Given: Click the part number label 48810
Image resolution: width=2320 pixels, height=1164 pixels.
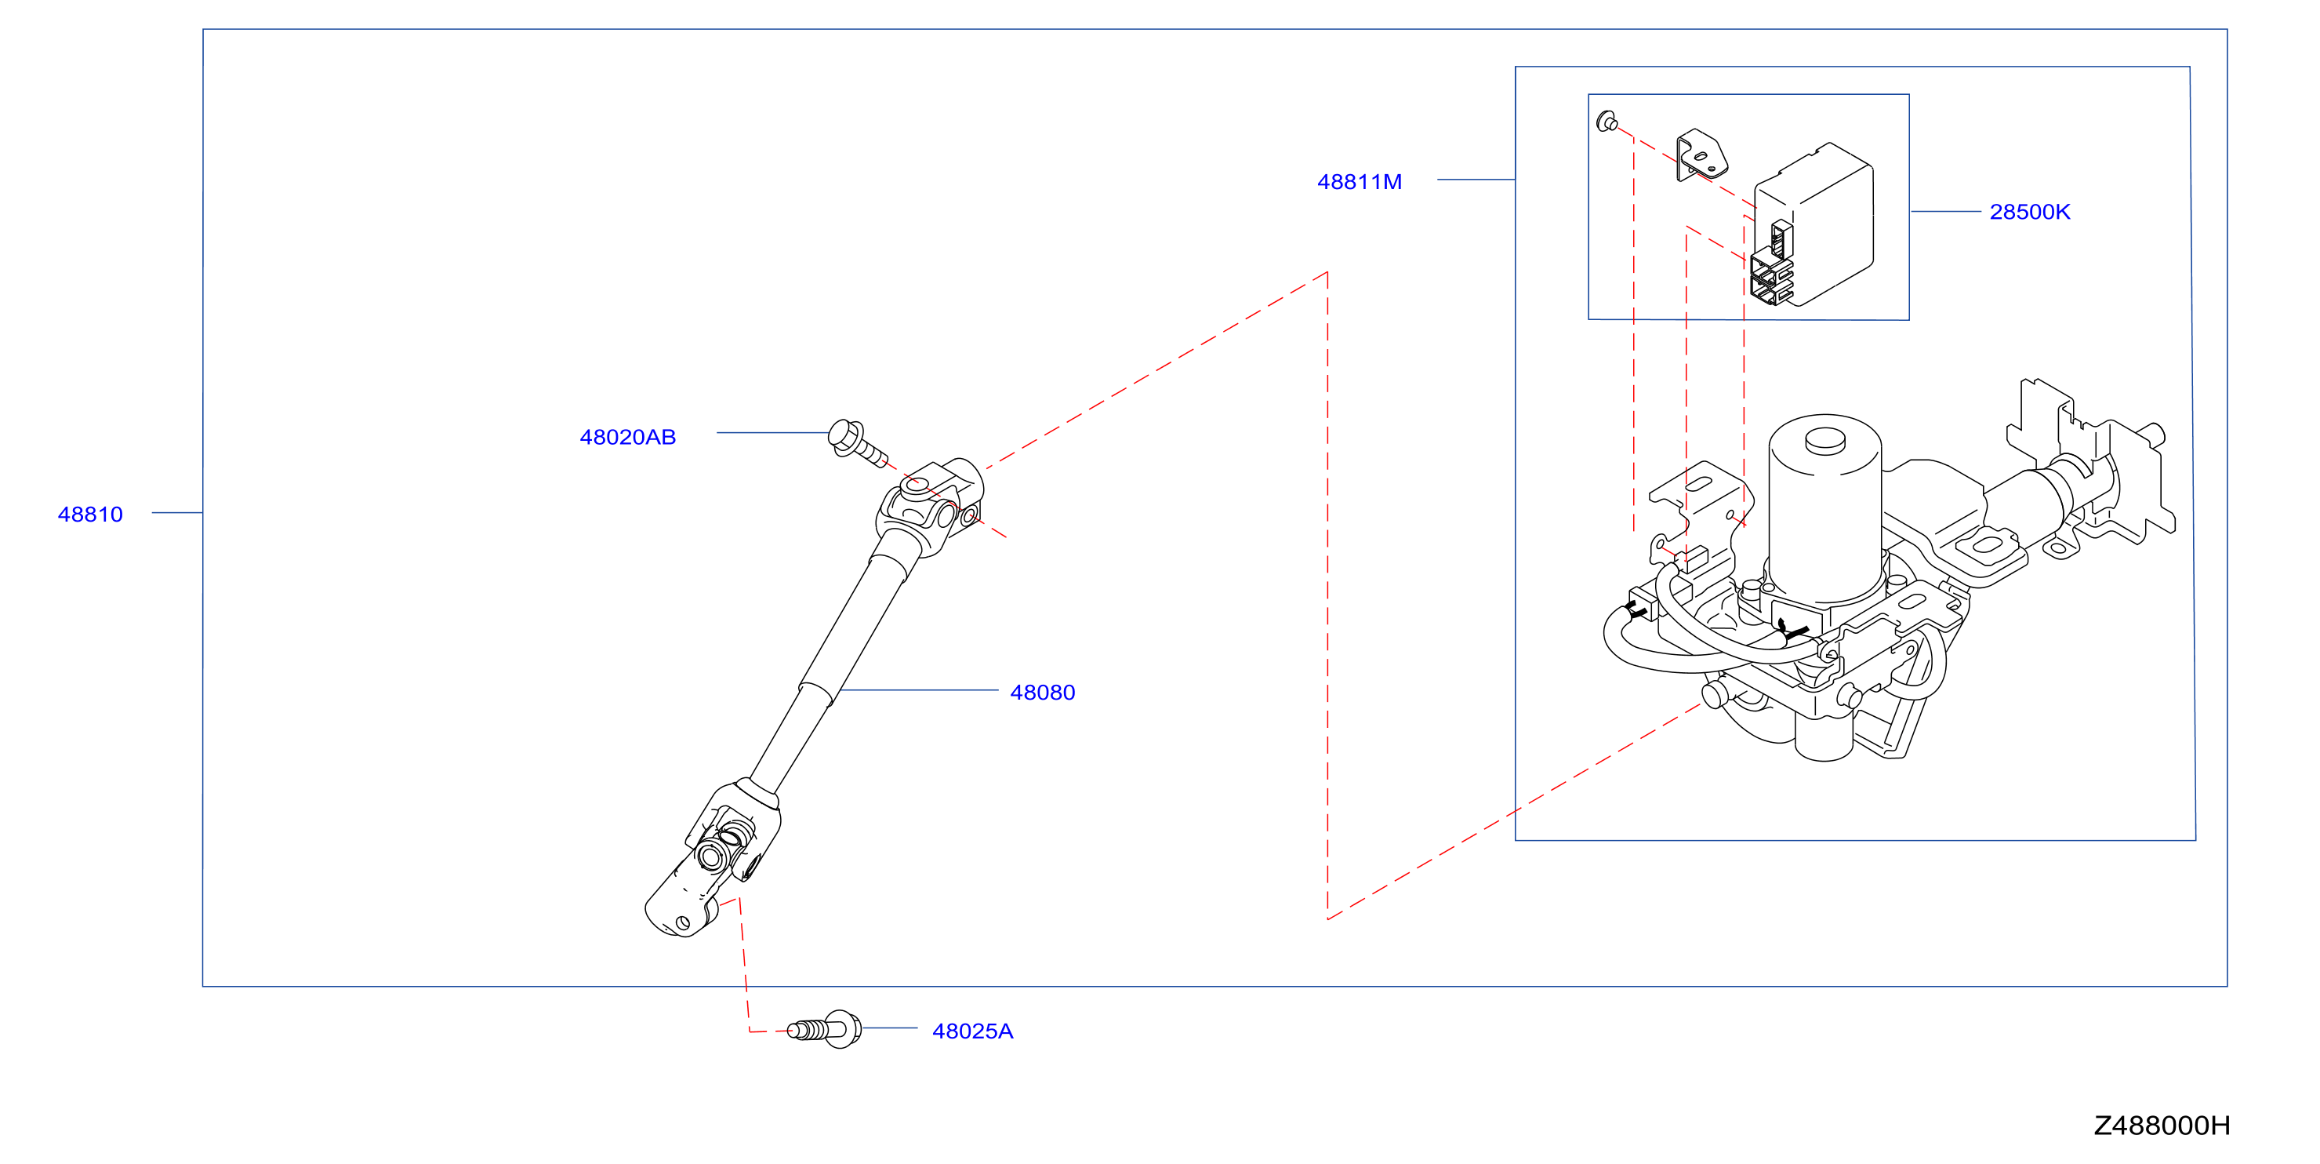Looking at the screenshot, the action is pos(90,515).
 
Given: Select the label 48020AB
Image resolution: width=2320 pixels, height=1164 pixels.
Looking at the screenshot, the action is pos(628,437).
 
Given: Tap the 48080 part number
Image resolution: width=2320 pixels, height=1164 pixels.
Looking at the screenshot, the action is pos(1042,692).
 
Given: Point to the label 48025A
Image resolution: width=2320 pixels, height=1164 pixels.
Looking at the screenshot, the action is pos(973,1031).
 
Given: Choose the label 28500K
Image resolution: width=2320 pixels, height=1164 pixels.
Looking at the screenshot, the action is pos(2029,212).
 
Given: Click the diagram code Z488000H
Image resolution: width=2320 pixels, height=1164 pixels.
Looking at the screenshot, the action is pos(2162,1126).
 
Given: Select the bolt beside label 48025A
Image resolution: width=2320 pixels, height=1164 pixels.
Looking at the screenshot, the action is pos(824,1029).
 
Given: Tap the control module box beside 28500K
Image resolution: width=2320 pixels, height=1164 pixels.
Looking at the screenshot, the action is pos(1812,225).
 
